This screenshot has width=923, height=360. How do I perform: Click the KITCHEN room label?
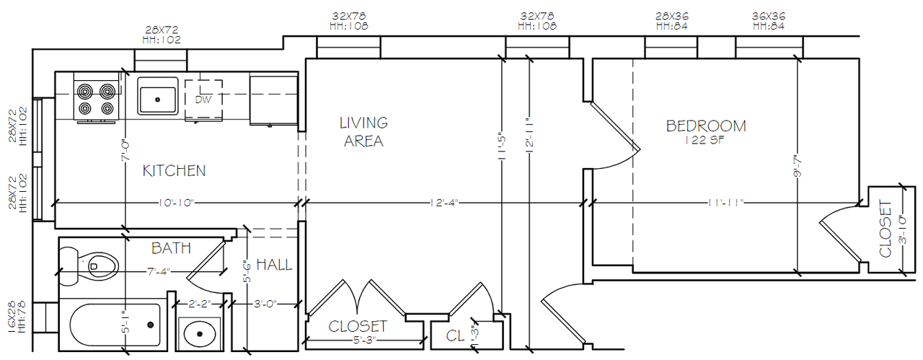174,171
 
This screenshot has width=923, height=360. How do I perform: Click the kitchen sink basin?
158,97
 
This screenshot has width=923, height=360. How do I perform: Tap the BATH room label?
171,248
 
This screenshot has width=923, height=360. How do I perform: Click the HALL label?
274,265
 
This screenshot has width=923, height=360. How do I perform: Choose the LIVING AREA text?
363,132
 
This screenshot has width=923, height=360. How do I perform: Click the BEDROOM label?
705,126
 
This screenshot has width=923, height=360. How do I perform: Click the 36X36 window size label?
768,15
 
